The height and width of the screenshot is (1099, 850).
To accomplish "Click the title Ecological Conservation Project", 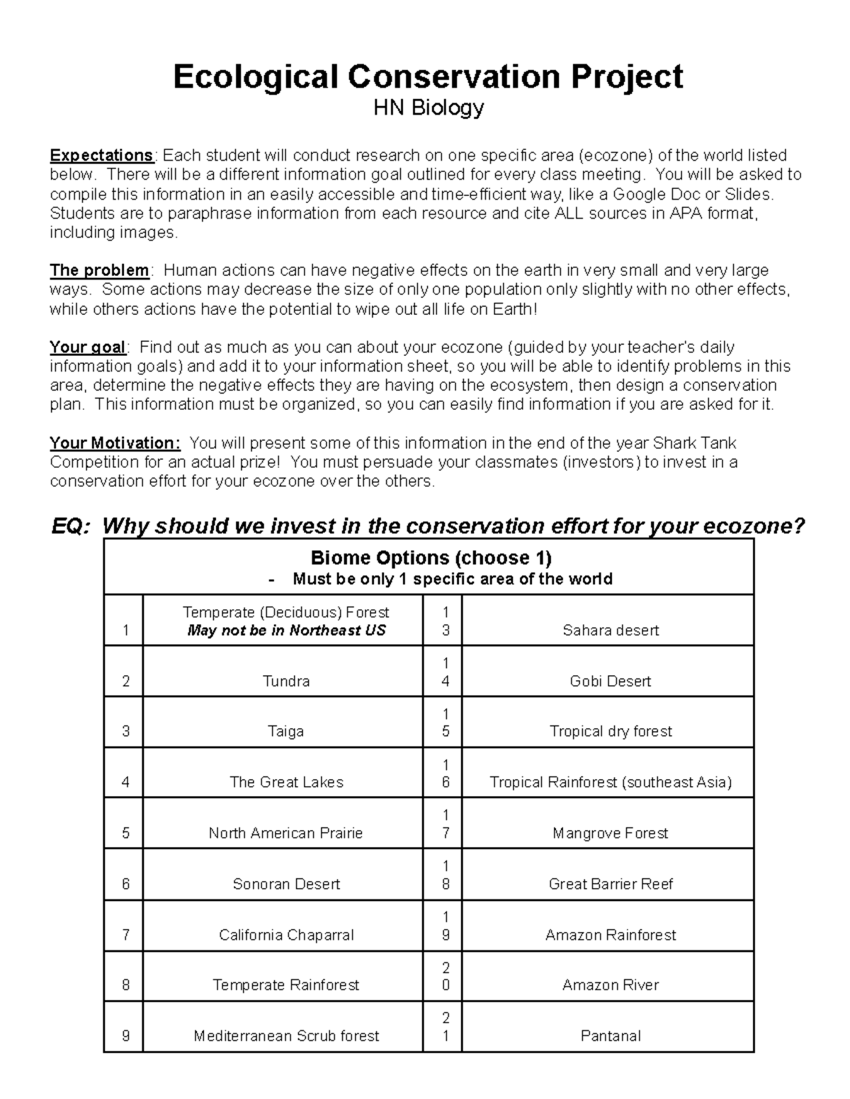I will click(428, 76).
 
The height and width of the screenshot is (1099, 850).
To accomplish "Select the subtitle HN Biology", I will click(429, 108).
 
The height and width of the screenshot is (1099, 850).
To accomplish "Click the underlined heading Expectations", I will click(101, 156).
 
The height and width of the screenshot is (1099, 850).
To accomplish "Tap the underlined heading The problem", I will click(99, 270).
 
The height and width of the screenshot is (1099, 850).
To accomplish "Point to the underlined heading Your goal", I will click(87, 347).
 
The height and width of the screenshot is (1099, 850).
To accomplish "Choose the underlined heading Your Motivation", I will click(115, 444).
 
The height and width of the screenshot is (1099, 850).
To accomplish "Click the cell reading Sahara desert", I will click(611, 631).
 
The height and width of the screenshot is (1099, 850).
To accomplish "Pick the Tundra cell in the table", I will click(285, 681).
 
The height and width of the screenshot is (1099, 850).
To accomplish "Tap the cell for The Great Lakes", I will click(286, 783).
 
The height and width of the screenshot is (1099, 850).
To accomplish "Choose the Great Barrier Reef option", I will click(611, 884).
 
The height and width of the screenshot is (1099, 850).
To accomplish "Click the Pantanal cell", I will click(611, 1036).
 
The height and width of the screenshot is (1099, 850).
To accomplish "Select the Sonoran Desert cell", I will click(286, 884).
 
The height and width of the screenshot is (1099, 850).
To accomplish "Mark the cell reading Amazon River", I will click(611, 985).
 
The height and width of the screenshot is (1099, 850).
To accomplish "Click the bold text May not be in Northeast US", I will click(286, 631).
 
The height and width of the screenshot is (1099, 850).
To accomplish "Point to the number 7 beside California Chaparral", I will click(125, 935).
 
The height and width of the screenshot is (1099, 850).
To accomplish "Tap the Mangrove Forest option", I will click(611, 834).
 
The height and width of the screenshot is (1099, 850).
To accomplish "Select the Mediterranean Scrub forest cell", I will click(286, 1036).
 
